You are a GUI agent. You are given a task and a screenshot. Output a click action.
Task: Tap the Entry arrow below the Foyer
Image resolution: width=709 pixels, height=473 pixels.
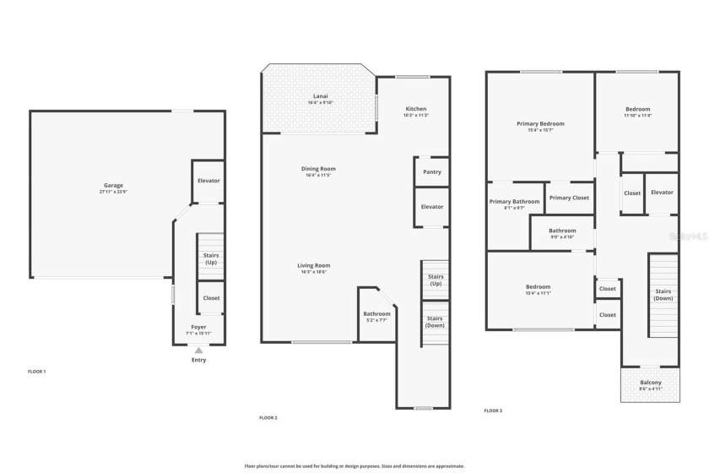click(x=198, y=350)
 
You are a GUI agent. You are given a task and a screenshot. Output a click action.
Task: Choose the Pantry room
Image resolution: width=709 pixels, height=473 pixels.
click(x=431, y=171)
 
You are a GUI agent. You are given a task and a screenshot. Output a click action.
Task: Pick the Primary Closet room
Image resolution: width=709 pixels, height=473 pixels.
click(x=569, y=198)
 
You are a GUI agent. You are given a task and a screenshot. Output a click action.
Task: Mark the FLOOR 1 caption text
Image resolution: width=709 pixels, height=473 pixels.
click(x=36, y=372)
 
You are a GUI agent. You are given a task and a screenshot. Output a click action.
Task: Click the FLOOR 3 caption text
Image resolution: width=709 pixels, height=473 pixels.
click(x=493, y=410)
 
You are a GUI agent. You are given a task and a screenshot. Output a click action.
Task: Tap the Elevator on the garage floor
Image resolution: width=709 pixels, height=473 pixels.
click(x=208, y=181)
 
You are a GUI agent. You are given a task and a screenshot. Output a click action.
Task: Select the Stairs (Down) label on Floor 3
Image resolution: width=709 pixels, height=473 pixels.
click(x=663, y=295)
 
